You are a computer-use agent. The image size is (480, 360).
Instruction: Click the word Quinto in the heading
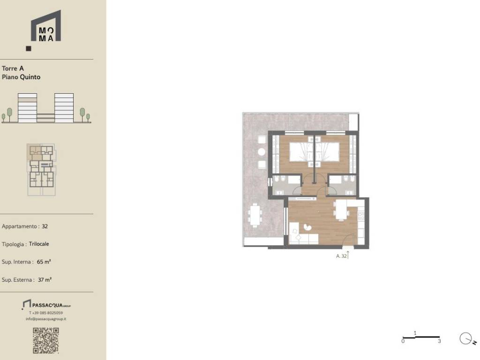pyautogui.click(x=30, y=77)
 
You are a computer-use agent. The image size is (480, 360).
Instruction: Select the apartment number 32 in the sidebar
pyautogui.click(x=45, y=226)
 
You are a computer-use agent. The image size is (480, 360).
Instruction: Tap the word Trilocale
pyautogui.click(x=39, y=244)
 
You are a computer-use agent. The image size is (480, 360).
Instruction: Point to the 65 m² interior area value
pyautogui.click(x=44, y=262)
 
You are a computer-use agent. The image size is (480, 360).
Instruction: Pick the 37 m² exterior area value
pyautogui.click(x=45, y=280)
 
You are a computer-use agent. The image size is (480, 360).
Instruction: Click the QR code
pyautogui.click(x=46, y=340)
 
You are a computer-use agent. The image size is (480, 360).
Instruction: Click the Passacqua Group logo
pyautogui.click(x=46, y=305)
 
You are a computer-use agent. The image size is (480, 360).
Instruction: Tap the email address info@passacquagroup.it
pyautogui.click(x=46, y=319)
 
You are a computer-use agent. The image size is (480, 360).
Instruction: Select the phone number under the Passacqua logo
pyautogui.click(x=46, y=313)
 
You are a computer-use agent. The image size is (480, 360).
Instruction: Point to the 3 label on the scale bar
pyautogui.click(x=439, y=341)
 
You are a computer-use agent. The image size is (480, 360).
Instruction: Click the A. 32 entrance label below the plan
pyautogui.click(x=341, y=256)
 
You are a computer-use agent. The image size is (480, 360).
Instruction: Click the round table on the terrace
pyautogui.click(x=262, y=151)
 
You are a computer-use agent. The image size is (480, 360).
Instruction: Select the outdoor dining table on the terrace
pyautogui.click(x=255, y=215)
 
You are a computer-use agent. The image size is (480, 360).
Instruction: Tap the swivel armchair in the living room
pyautogui.click(x=307, y=227)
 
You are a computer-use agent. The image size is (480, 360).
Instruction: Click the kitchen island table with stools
pyautogui.click(x=341, y=210)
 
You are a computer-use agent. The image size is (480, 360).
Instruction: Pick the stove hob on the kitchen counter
pyautogui.click(x=361, y=216)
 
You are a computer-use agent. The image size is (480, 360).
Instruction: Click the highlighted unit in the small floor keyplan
pyautogui.click(x=35, y=152)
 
